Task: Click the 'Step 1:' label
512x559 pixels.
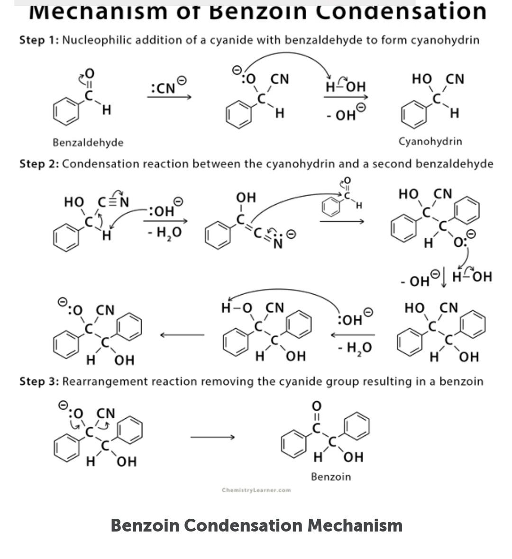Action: (x=39, y=40)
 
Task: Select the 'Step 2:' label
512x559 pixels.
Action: (x=39, y=164)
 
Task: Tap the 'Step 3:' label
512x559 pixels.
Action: (x=39, y=381)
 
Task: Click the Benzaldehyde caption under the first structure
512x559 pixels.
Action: (x=88, y=142)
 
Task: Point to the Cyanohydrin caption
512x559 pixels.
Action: (x=430, y=141)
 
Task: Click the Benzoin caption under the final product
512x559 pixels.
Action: (x=331, y=477)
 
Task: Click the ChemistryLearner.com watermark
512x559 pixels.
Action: (x=256, y=490)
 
